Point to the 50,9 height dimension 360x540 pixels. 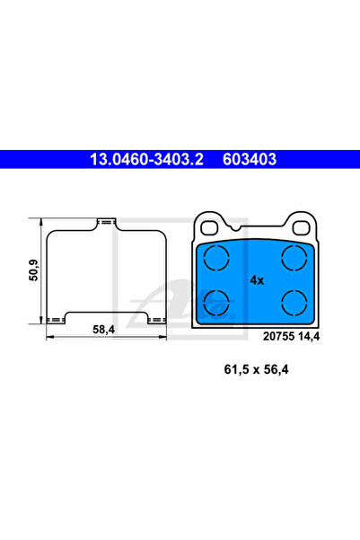pos(33,270)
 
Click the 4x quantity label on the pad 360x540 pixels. pos(257,280)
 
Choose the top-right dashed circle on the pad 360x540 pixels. pos(294,260)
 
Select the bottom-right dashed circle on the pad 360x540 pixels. pos(294,301)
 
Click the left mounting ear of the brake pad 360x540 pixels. pos(210,223)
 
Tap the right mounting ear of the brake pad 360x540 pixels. pos(300,223)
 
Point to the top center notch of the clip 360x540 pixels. pos(107,220)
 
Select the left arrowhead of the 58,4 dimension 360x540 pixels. pos(48,337)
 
